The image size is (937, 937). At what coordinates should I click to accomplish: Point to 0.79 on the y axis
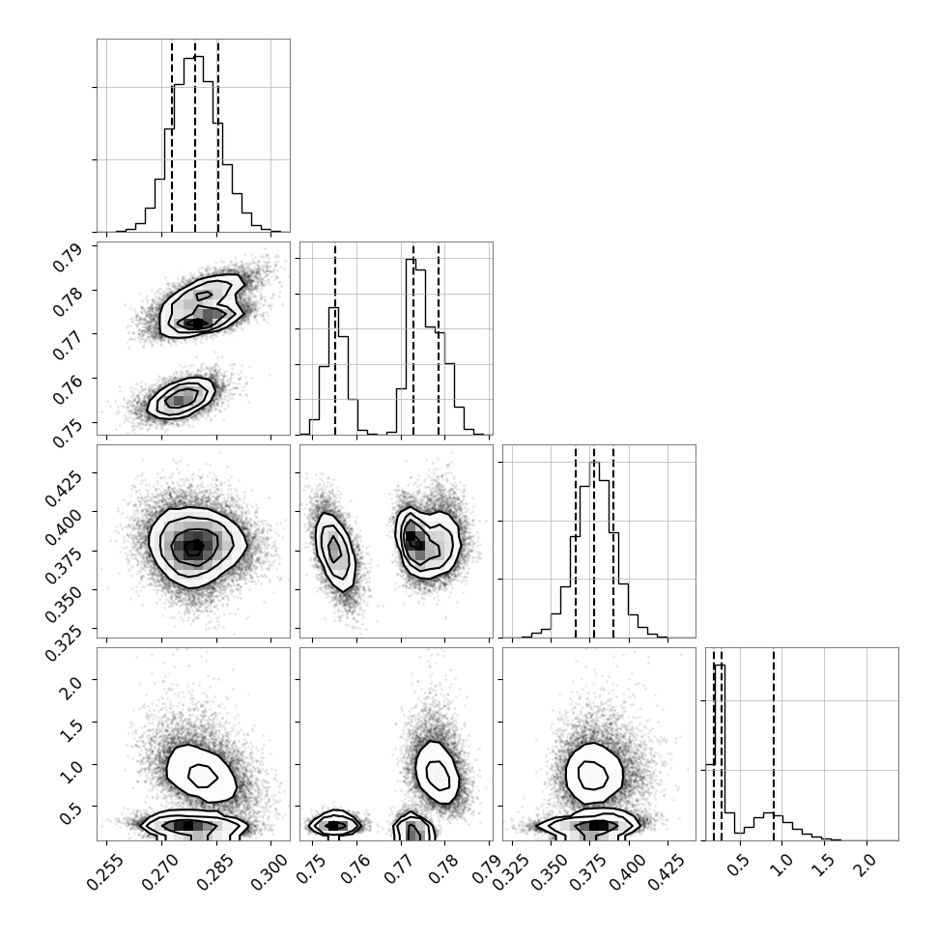pos(68,258)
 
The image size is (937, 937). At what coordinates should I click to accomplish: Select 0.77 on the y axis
pos(68,346)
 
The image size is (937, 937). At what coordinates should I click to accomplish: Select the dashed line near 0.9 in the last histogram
pos(773,744)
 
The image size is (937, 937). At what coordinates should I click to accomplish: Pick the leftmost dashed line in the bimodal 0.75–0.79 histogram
pos(335,339)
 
